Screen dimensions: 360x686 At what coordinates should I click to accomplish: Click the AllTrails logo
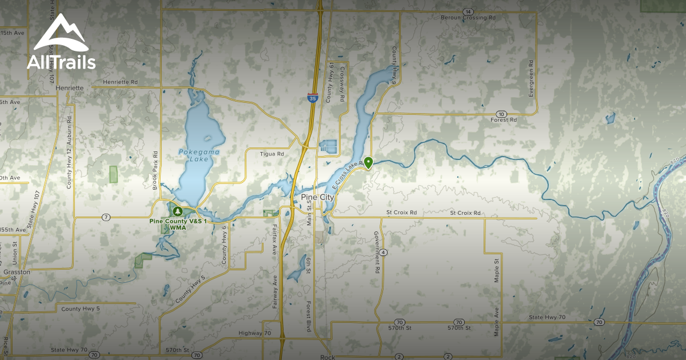coord(61,43)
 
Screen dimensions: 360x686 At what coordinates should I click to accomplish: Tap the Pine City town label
coord(317,197)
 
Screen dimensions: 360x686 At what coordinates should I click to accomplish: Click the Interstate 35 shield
coord(312,98)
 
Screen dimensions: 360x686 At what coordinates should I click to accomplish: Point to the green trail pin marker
coord(369,163)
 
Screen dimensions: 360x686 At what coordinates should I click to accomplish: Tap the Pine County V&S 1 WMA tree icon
coord(177,211)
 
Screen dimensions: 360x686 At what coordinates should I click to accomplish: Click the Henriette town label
coord(70,88)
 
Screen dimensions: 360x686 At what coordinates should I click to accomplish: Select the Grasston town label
coord(16,273)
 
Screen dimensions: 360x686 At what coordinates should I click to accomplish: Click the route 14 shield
coord(468,11)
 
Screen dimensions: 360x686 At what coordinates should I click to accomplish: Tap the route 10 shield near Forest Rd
coord(501,114)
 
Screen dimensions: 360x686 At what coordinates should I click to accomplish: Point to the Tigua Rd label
coord(272,154)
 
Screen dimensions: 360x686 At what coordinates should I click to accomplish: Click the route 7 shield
coord(106,217)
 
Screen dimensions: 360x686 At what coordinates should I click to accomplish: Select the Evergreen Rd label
coord(531,78)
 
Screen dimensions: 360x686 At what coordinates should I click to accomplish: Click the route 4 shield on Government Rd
coord(383,252)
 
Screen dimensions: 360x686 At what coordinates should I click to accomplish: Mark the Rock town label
coord(328,357)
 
